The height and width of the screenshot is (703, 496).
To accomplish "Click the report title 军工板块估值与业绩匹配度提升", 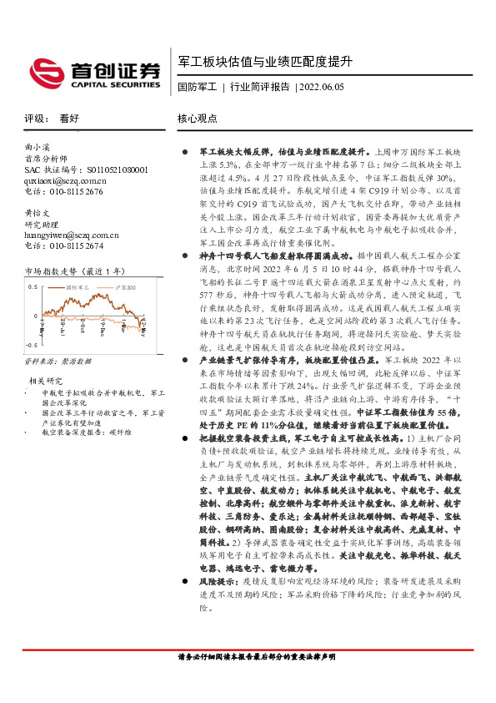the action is pos(266,62).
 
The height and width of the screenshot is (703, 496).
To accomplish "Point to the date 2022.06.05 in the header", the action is pos(321,87).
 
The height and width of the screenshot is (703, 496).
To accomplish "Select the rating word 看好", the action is pos(69,119).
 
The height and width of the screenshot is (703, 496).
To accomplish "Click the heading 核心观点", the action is pos(198,119).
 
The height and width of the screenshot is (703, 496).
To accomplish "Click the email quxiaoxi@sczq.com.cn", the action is pos(65,180).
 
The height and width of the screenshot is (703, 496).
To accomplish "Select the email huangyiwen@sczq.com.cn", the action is pos(70,235).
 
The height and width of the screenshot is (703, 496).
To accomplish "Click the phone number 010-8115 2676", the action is pos(83,190).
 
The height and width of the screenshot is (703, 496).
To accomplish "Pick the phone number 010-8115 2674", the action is pos(83,245).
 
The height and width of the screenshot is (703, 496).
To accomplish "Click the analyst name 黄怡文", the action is pos(36,213).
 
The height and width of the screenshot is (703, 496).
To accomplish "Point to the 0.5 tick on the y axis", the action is pos(33,286).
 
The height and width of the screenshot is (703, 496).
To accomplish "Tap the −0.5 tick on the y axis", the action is pos(32,343).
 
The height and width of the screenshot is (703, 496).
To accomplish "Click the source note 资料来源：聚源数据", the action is pos(58,362).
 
